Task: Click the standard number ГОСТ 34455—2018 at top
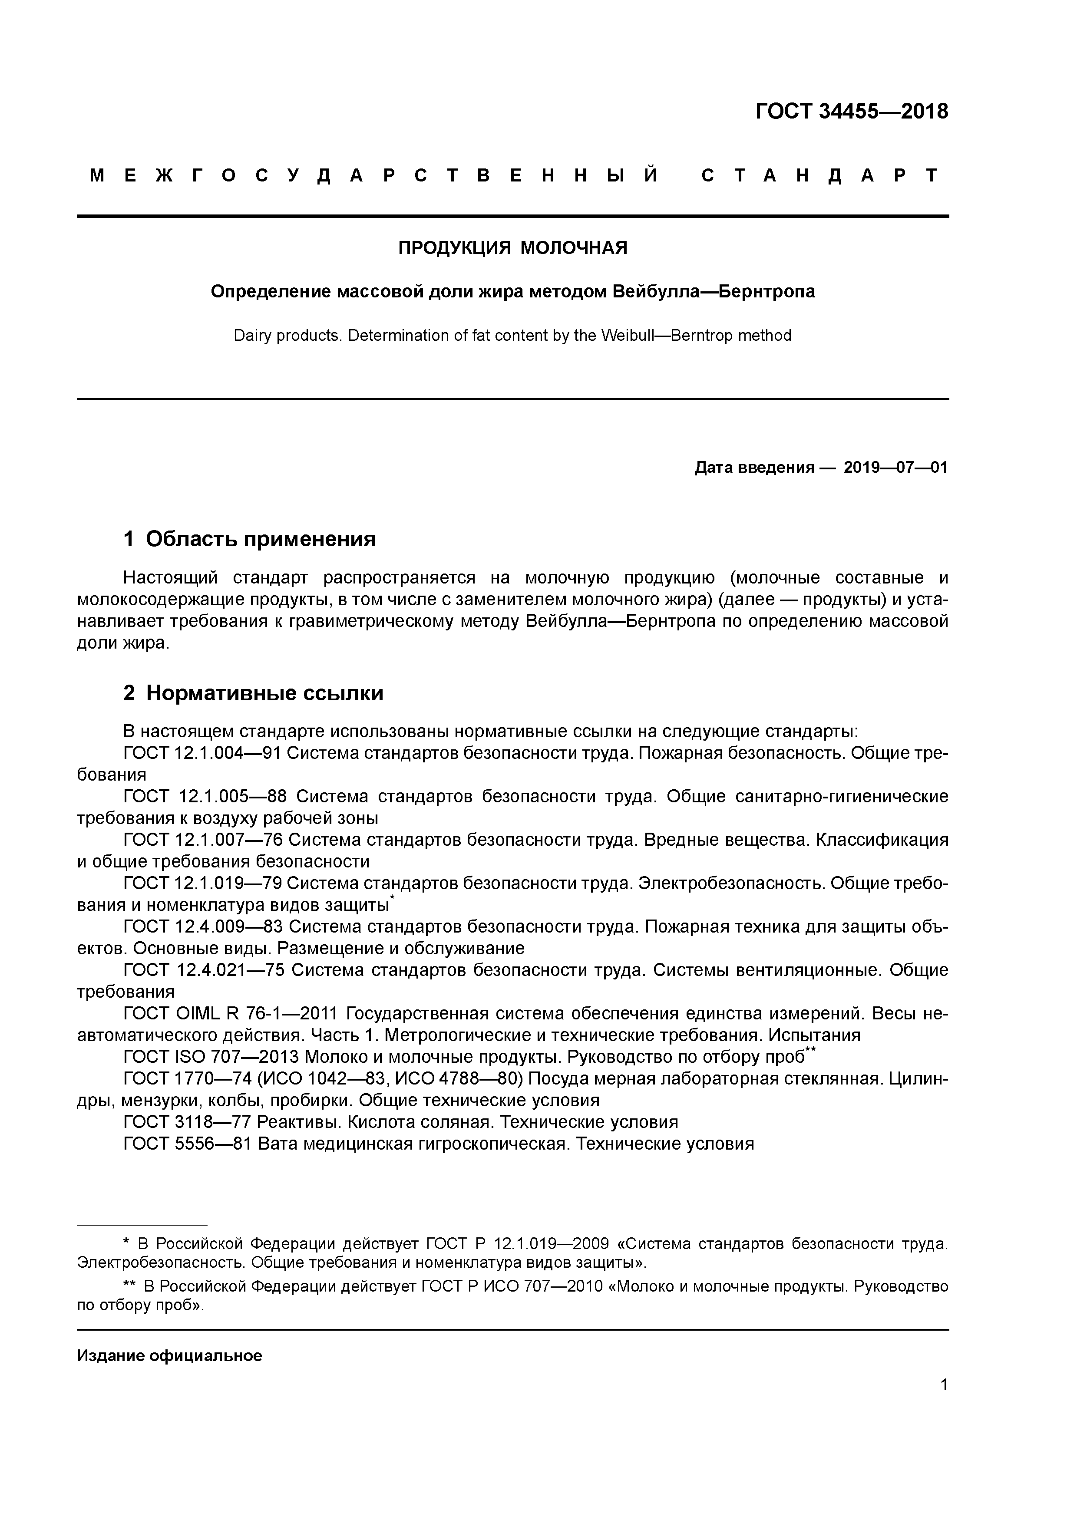click(851, 112)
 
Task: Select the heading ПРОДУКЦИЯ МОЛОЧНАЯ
click(512, 248)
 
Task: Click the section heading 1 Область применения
click(250, 539)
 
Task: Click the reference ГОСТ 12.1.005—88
click(206, 797)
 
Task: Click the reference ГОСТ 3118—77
click(187, 1122)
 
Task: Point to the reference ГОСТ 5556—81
click(187, 1144)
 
